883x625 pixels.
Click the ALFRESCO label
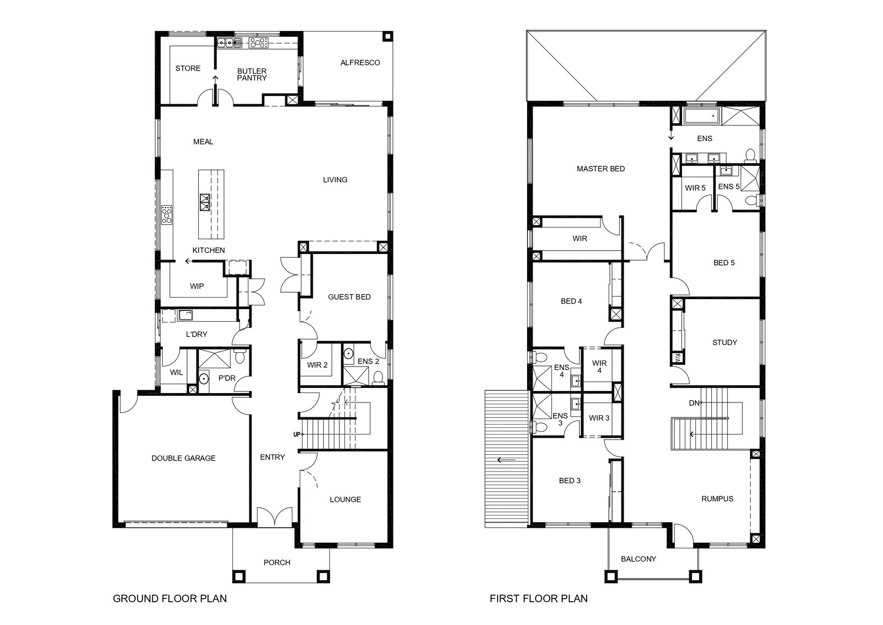click(x=360, y=63)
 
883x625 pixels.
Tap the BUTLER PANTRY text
click(x=252, y=75)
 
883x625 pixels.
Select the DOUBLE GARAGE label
click(x=183, y=458)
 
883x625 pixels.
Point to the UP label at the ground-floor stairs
click(x=297, y=435)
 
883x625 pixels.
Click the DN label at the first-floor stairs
click(x=694, y=403)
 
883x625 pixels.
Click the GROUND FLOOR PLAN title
click(x=170, y=598)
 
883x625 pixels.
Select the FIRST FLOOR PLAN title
click(x=539, y=598)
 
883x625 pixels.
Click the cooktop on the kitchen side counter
click(x=167, y=215)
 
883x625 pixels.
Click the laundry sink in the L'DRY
click(x=185, y=315)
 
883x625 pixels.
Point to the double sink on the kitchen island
click(x=205, y=202)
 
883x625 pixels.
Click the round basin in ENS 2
click(x=348, y=353)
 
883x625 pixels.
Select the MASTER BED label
click(x=601, y=169)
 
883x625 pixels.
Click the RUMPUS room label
click(x=717, y=499)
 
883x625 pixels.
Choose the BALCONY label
click(x=638, y=559)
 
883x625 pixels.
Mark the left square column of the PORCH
click(x=238, y=576)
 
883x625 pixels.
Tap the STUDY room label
click(x=725, y=343)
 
